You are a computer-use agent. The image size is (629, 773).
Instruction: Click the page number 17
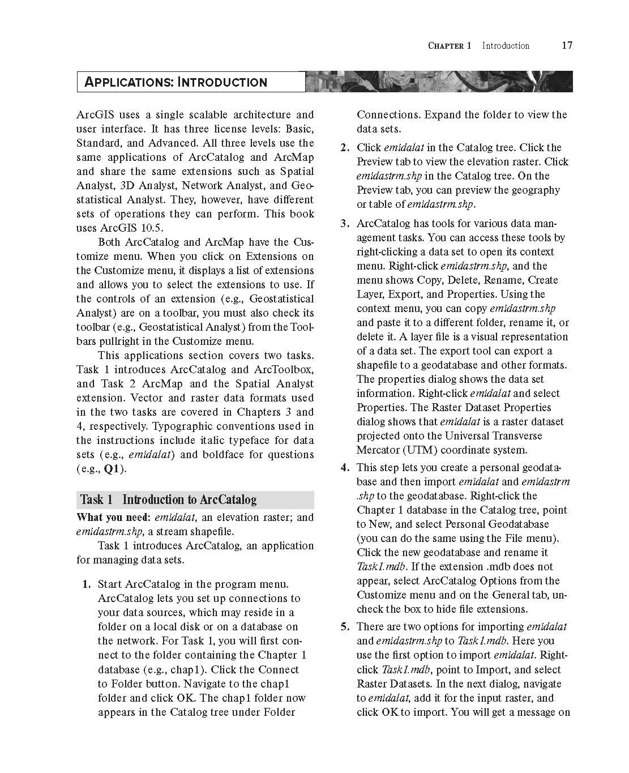point(567,45)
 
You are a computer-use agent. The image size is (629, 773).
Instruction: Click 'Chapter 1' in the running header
point(449,46)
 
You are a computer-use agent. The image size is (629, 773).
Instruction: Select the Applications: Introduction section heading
point(176,82)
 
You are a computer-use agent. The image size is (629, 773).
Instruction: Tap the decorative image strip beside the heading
point(439,82)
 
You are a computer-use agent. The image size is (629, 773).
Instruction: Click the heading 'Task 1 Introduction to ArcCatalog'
point(168,499)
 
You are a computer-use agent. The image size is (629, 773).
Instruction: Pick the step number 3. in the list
point(345,224)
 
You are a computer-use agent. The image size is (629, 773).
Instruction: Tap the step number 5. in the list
point(345,627)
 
